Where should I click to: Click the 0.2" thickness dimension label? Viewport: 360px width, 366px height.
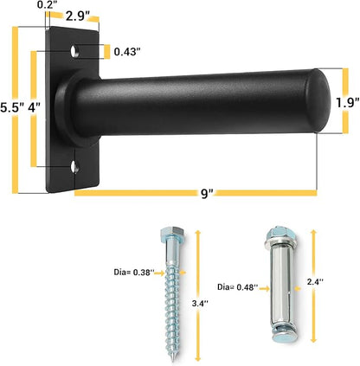pyautogui.click(x=46, y=5)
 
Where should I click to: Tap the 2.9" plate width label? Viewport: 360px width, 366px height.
pyautogui.click(x=76, y=16)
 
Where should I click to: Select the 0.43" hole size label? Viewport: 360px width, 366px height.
pyautogui.click(x=127, y=52)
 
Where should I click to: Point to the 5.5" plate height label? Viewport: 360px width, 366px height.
pyautogui.click(x=11, y=108)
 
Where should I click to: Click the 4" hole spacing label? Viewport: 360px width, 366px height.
pyautogui.click(x=35, y=108)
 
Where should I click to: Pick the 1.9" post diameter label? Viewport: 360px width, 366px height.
pyautogui.click(x=348, y=103)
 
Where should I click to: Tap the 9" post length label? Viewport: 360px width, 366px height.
pyautogui.click(x=207, y=194)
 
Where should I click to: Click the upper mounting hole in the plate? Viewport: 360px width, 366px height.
pyautogui.click(x=75, y=51)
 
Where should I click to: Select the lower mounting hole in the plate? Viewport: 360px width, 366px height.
pyautogui.click(x=75, y=167)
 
